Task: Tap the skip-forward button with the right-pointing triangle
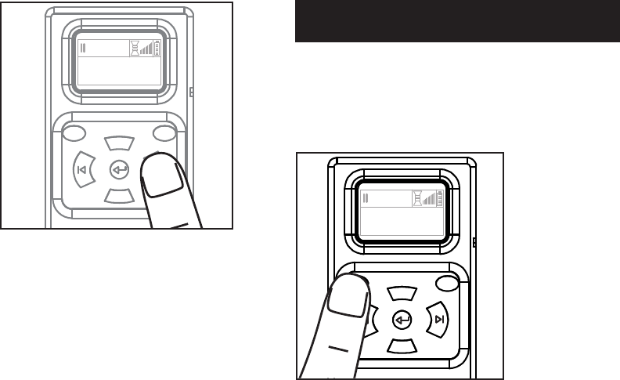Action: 439,319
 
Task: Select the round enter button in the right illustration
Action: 402,319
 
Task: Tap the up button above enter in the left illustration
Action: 119,143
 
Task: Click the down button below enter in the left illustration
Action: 120,196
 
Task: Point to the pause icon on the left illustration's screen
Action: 83,49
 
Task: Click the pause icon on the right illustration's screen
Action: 366,199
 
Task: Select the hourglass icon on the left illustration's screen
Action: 134,49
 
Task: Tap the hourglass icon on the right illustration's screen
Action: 417,199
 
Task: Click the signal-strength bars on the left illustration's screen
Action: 146,50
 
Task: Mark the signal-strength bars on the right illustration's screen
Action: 429,200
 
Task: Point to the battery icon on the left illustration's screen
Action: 157,49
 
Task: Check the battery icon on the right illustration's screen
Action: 440,199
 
